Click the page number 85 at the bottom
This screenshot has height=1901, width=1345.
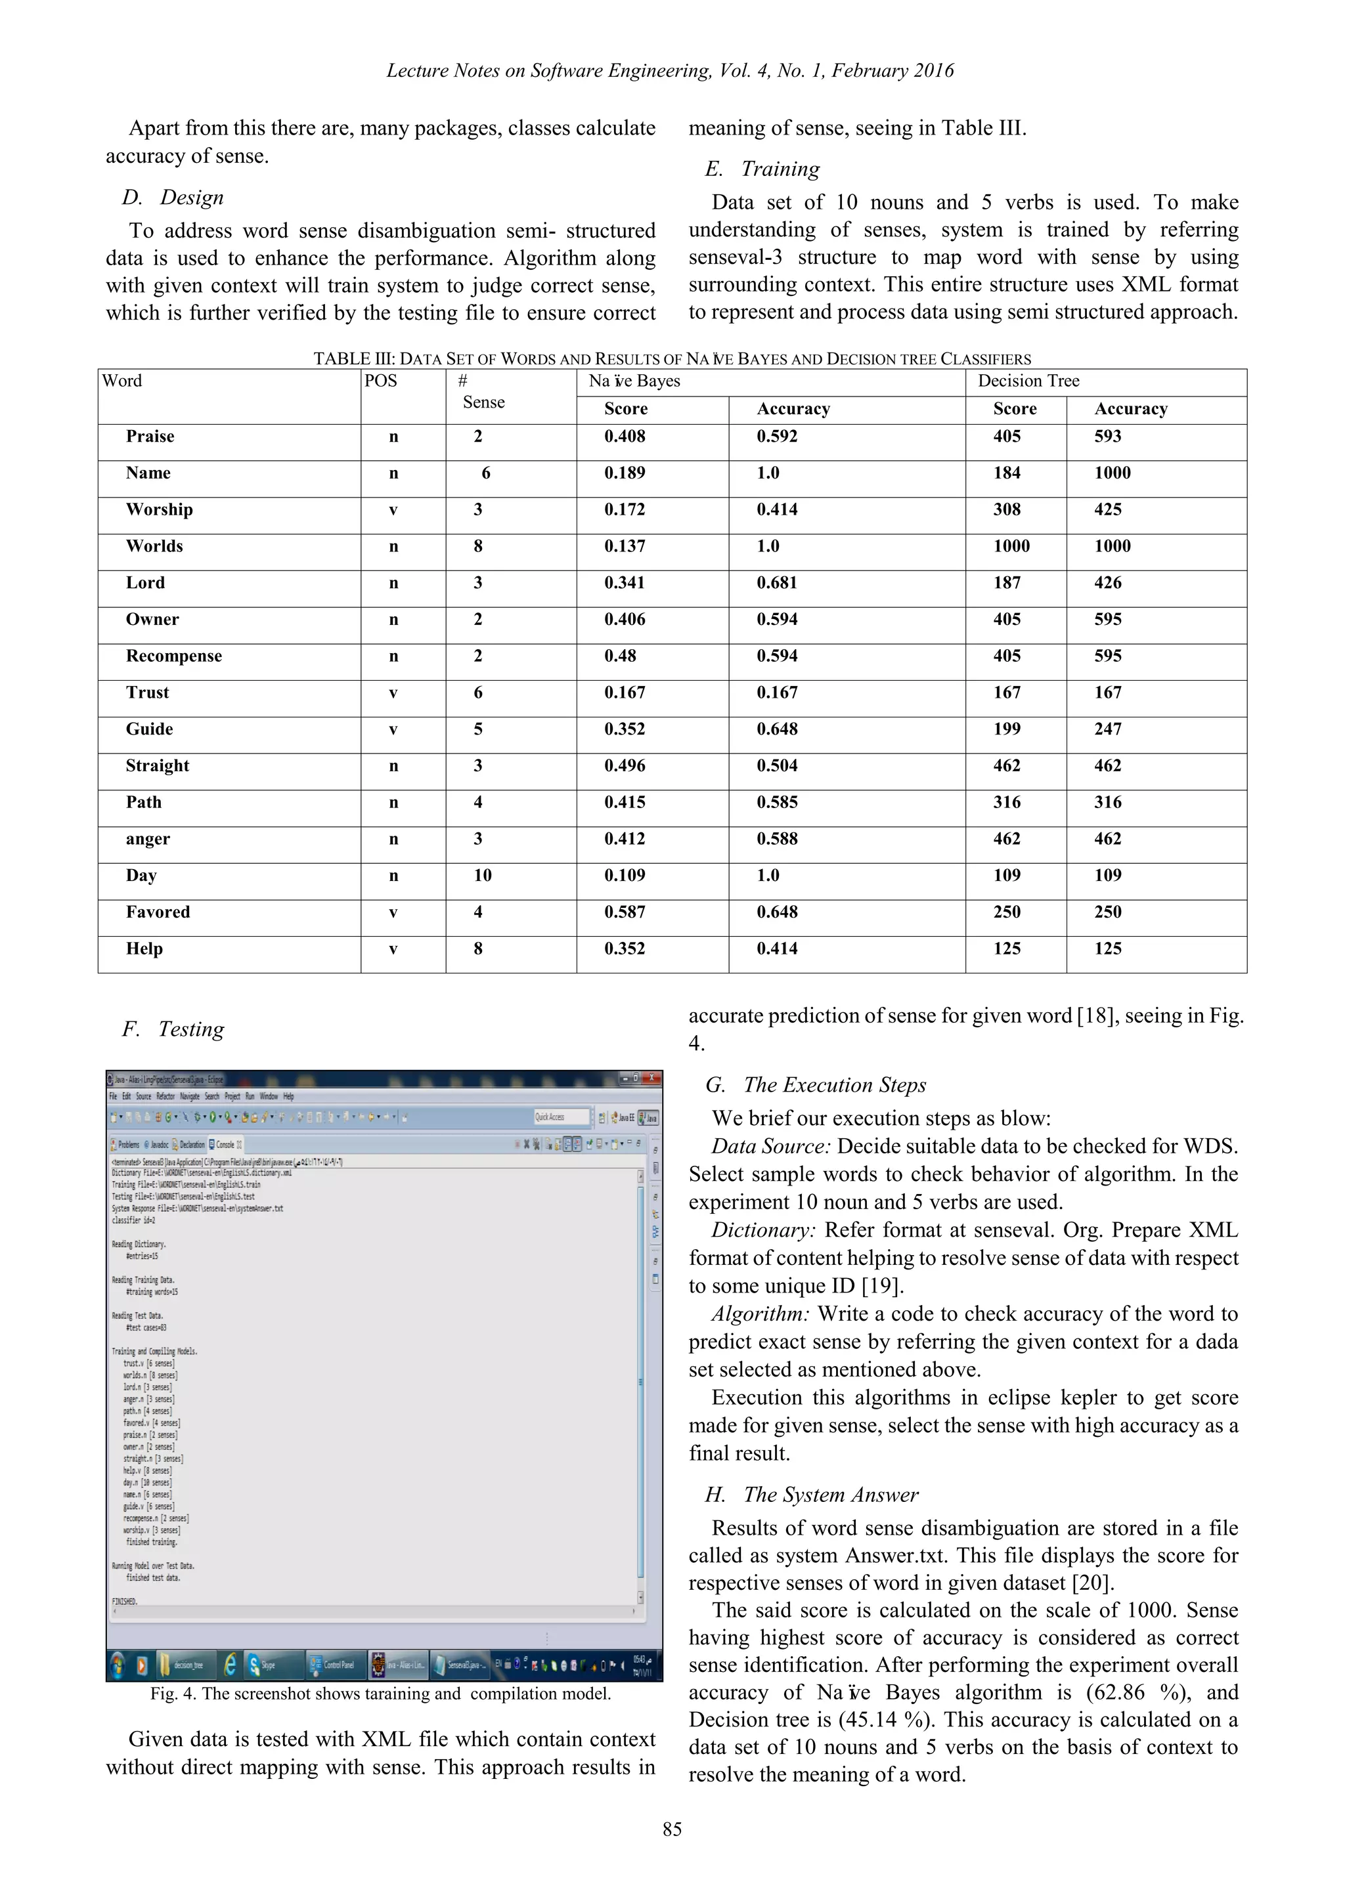672,1829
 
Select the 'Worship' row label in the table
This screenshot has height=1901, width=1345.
159,509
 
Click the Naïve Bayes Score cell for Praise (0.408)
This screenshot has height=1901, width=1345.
625,437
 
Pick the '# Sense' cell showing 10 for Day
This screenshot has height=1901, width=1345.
482,875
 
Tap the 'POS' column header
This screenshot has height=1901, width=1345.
381,381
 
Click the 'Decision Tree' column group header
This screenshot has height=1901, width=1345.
1028,381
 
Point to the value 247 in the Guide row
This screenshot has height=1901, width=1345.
1107,729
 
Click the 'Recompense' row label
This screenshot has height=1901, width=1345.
174,656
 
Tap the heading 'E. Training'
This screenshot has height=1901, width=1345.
762,169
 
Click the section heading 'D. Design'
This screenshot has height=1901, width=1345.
173,197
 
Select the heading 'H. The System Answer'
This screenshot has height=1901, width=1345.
812,1495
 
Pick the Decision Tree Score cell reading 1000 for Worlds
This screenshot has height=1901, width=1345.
1011,545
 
